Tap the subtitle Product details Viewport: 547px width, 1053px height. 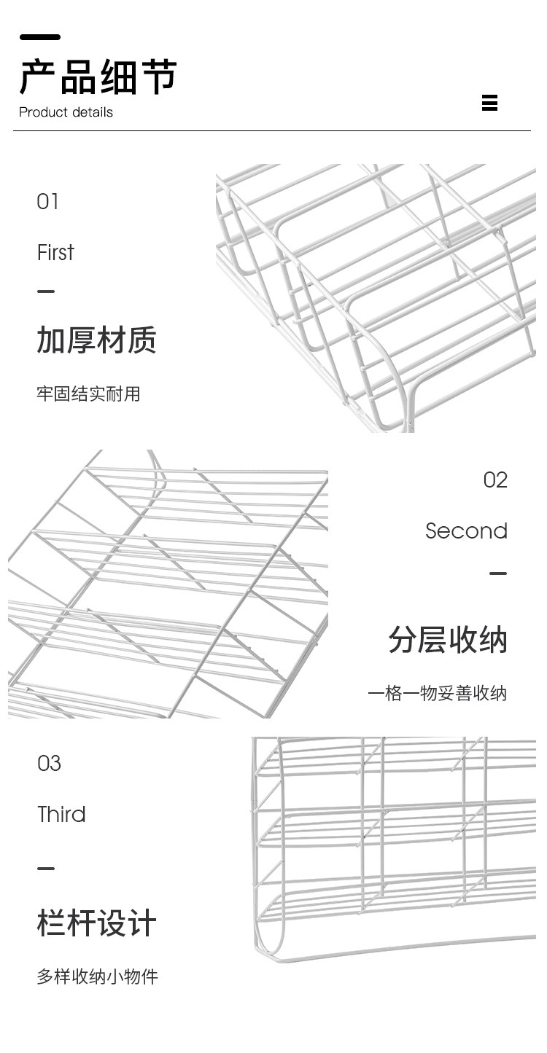tap(66, 112)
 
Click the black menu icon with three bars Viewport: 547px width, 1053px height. tap(489, 103)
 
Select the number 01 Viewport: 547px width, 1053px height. tap(47, 202)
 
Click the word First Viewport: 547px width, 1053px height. tap(55, 253)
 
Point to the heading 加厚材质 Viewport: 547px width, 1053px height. tap(96, 340)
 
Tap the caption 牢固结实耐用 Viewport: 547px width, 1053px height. tap(88, 394)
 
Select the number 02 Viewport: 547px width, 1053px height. tap(495, 480)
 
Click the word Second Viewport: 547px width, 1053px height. tap(466, 531)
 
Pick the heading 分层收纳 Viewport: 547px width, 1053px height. tap(447, 641)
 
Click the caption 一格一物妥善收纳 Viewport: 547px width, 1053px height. tap(437, 693)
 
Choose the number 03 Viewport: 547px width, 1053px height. tap(49, 764)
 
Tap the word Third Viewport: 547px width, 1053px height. tap(61, 815)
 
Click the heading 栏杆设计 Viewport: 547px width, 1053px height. tap(96, 923)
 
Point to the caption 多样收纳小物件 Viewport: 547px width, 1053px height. tap(97, 976)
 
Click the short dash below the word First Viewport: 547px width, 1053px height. tap(46, 291)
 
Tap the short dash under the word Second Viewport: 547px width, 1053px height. tap(498, 574)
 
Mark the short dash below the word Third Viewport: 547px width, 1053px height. tap(46, 869)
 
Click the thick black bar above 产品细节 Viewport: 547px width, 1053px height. tap(40, 37)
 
